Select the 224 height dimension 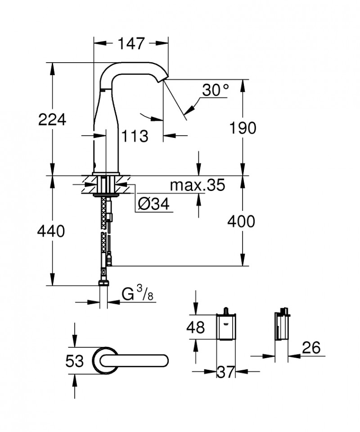coord(52,120)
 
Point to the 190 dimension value coord(243,128)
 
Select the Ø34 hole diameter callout coord(153,205)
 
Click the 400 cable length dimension coord(241,221)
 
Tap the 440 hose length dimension coord(51,231)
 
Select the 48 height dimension coord(195,327)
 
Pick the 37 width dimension coord(225,372)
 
